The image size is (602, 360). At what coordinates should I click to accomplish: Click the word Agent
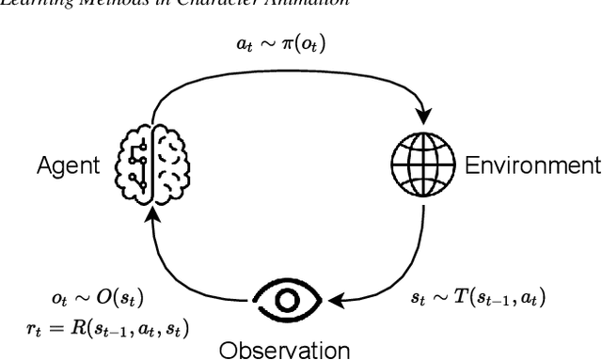pos(68,167)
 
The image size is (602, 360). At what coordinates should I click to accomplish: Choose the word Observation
pos(286,350)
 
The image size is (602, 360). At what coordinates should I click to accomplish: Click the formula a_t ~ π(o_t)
pos(282,44)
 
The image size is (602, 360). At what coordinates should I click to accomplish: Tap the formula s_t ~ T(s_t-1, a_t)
pos(478,298)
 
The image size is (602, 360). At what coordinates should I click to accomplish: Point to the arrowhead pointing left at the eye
pos(332,302)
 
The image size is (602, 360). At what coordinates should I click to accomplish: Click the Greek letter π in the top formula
pos(293,44)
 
